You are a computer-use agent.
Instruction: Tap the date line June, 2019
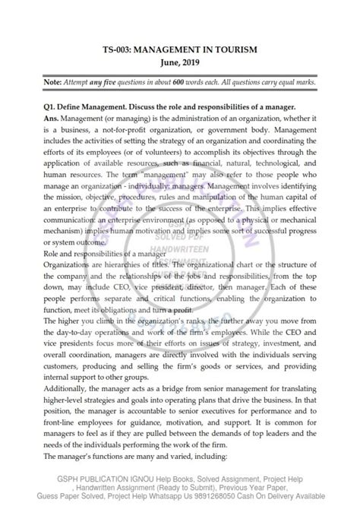pyautogui.click(x=180, y=63)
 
